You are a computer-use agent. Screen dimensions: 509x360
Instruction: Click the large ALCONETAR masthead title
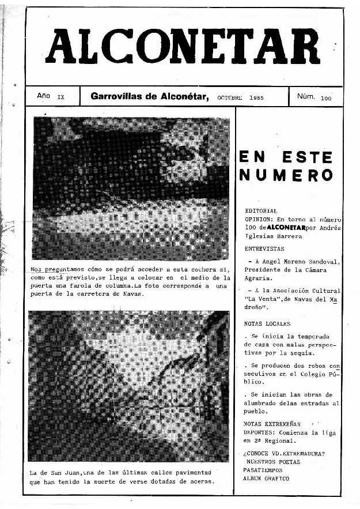(184, 47)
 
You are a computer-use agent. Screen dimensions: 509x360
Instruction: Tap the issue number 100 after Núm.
(327, 99)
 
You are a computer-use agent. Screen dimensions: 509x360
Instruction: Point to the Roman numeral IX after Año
(61, 98)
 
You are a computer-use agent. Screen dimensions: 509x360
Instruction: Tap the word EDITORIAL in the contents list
(261, 212)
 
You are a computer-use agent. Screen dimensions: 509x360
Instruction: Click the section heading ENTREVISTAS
(264, 248)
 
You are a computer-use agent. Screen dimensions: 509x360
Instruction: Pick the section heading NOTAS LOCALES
(267, 323)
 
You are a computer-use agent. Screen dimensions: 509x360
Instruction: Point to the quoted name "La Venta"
(260, 299)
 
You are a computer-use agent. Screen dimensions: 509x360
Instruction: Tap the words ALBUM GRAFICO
(266, 478)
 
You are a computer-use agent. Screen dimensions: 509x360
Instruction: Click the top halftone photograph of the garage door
(131, 188)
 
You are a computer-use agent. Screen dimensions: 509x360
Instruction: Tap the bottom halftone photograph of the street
(128, 386)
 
